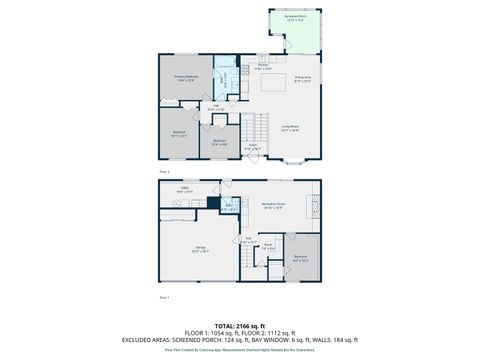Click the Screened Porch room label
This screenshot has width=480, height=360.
294,18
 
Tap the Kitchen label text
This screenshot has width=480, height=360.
262,67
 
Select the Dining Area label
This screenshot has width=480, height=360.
303,78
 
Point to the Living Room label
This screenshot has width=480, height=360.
290,127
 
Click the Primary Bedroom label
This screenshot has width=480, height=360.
186,78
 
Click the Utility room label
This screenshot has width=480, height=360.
185,189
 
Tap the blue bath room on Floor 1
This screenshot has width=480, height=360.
230,208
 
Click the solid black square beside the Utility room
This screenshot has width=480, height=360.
214,201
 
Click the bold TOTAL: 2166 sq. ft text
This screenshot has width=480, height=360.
240,326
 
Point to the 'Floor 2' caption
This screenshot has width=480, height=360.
165,171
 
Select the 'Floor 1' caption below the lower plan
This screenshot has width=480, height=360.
165,298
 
